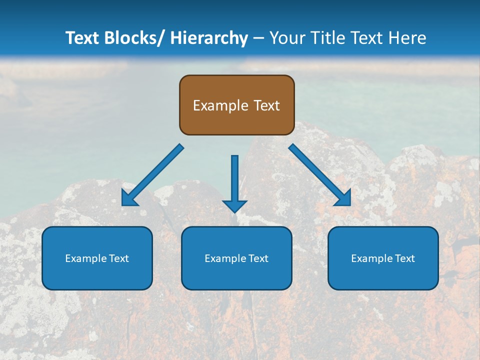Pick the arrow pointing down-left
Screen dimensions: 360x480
152,175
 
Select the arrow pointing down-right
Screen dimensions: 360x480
320,175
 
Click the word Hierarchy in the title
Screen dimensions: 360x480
209,38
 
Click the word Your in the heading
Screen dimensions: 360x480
287,38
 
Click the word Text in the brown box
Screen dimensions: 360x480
266,105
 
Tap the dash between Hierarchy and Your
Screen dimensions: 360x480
258,38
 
